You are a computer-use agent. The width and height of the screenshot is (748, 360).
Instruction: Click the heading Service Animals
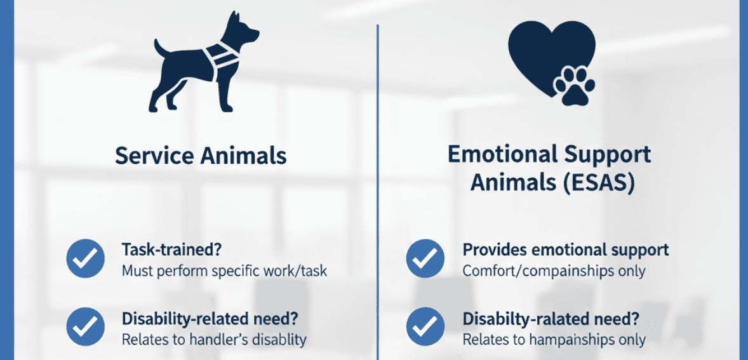201,156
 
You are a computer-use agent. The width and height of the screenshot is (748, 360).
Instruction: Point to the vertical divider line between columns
378,190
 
